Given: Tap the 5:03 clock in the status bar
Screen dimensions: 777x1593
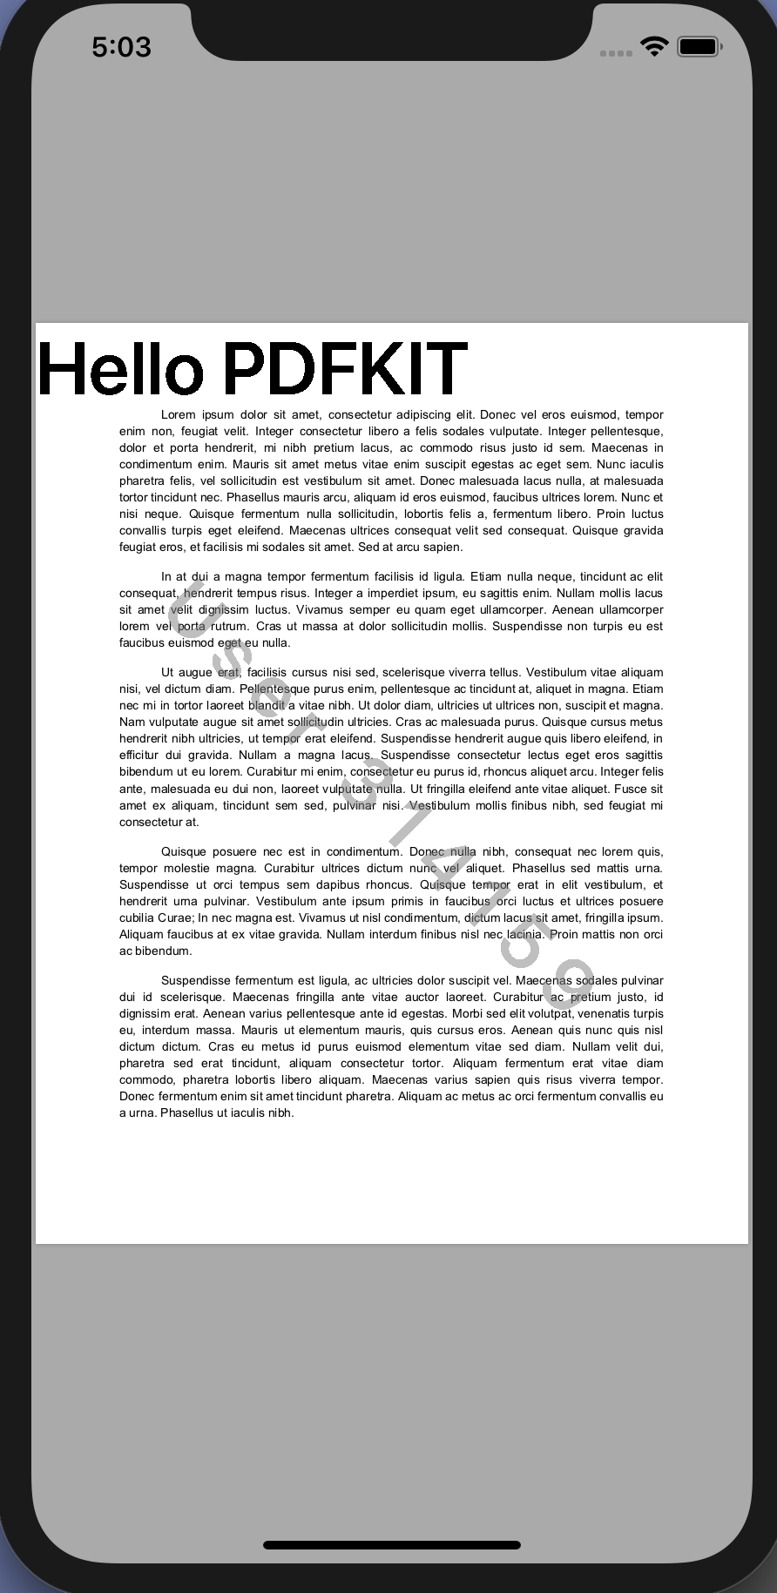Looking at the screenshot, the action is click(121, 47).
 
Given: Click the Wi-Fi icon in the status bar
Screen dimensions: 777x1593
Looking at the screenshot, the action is click(653, 46).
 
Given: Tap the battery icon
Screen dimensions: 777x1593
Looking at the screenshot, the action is click(699, 46).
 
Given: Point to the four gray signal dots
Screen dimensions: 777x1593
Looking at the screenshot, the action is click(616, 53).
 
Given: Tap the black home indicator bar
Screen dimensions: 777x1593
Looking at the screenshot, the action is click(391, 1545).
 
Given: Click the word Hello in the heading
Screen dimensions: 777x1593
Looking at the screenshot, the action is click(120, 369).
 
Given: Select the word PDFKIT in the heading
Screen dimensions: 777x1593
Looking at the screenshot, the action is click(345, 369).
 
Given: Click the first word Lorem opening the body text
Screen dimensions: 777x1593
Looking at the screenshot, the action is click(178, 415).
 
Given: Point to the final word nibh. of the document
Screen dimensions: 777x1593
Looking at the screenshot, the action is click(280, 1113).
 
